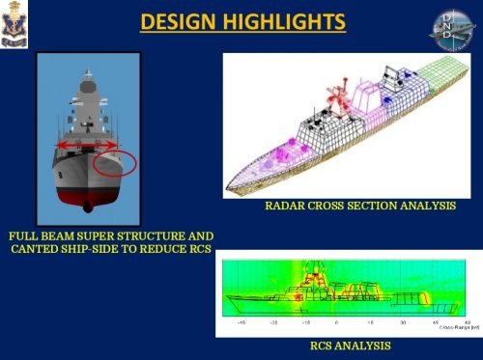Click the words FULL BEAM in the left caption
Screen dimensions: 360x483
45,236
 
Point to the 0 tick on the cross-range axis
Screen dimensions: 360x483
334,323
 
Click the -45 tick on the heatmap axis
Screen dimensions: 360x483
241,323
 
